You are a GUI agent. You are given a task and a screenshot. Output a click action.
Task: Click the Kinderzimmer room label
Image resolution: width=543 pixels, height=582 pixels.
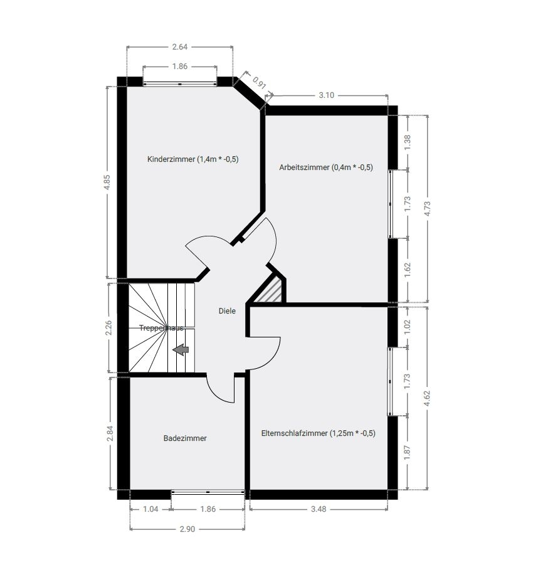(x=193, y=159)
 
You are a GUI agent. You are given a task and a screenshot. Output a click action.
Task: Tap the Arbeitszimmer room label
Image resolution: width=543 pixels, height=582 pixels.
(x=326, y=167)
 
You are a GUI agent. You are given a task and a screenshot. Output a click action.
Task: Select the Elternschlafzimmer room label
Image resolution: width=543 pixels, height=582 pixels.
(x=318, y=432)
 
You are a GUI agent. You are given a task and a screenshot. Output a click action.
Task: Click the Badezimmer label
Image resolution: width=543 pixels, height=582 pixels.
(x=185, y=438)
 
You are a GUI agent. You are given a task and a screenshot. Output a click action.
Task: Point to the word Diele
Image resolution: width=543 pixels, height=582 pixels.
(x=227, y=311)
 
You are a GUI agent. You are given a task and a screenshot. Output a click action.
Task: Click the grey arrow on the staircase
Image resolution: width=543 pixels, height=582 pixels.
(x=181, y=350)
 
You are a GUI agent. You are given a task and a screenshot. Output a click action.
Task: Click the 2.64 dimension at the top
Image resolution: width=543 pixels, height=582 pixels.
(x=180, y=46)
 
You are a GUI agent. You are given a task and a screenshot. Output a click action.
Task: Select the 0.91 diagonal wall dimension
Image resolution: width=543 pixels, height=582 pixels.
(x=258, y=84)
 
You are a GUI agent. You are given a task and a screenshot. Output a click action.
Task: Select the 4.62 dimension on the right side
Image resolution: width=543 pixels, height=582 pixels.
(x=428, y=398)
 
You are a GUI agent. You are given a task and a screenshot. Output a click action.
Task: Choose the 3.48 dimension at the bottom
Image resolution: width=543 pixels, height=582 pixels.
(x=319, y=509)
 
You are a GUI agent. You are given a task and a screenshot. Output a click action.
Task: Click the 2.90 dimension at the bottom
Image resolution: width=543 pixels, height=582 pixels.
(x=187, y=529)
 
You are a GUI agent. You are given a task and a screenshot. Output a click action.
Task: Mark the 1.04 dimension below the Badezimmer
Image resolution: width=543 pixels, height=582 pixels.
(x=150, y=509)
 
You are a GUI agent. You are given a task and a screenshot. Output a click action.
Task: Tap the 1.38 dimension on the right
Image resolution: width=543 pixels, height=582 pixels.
(x=408, y=142)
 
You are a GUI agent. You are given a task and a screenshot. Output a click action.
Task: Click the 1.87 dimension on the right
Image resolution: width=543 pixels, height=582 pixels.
(x=408, y=453)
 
